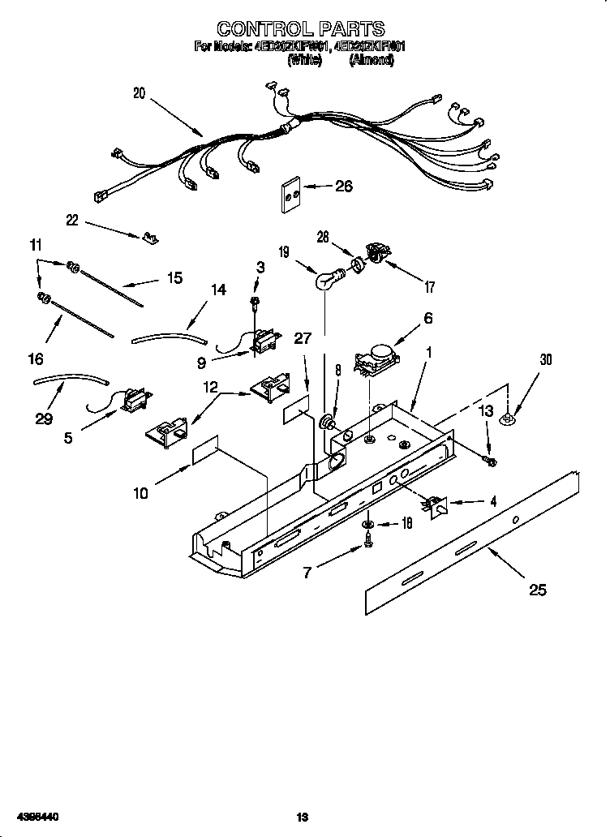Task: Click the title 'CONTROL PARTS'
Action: (x=301, y=31)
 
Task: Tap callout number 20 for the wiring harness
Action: (x=140, y=93)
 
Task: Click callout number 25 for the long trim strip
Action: (x=537, y=590)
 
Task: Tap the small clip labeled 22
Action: (x=148, y=237)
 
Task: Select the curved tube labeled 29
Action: (x=69, y=379)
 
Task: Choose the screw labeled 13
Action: (x=490, y=461)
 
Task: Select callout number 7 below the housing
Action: (x=307, y=573)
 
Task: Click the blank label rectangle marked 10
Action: (x=205, y=455)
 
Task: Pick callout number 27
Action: (x=303, y=338)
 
